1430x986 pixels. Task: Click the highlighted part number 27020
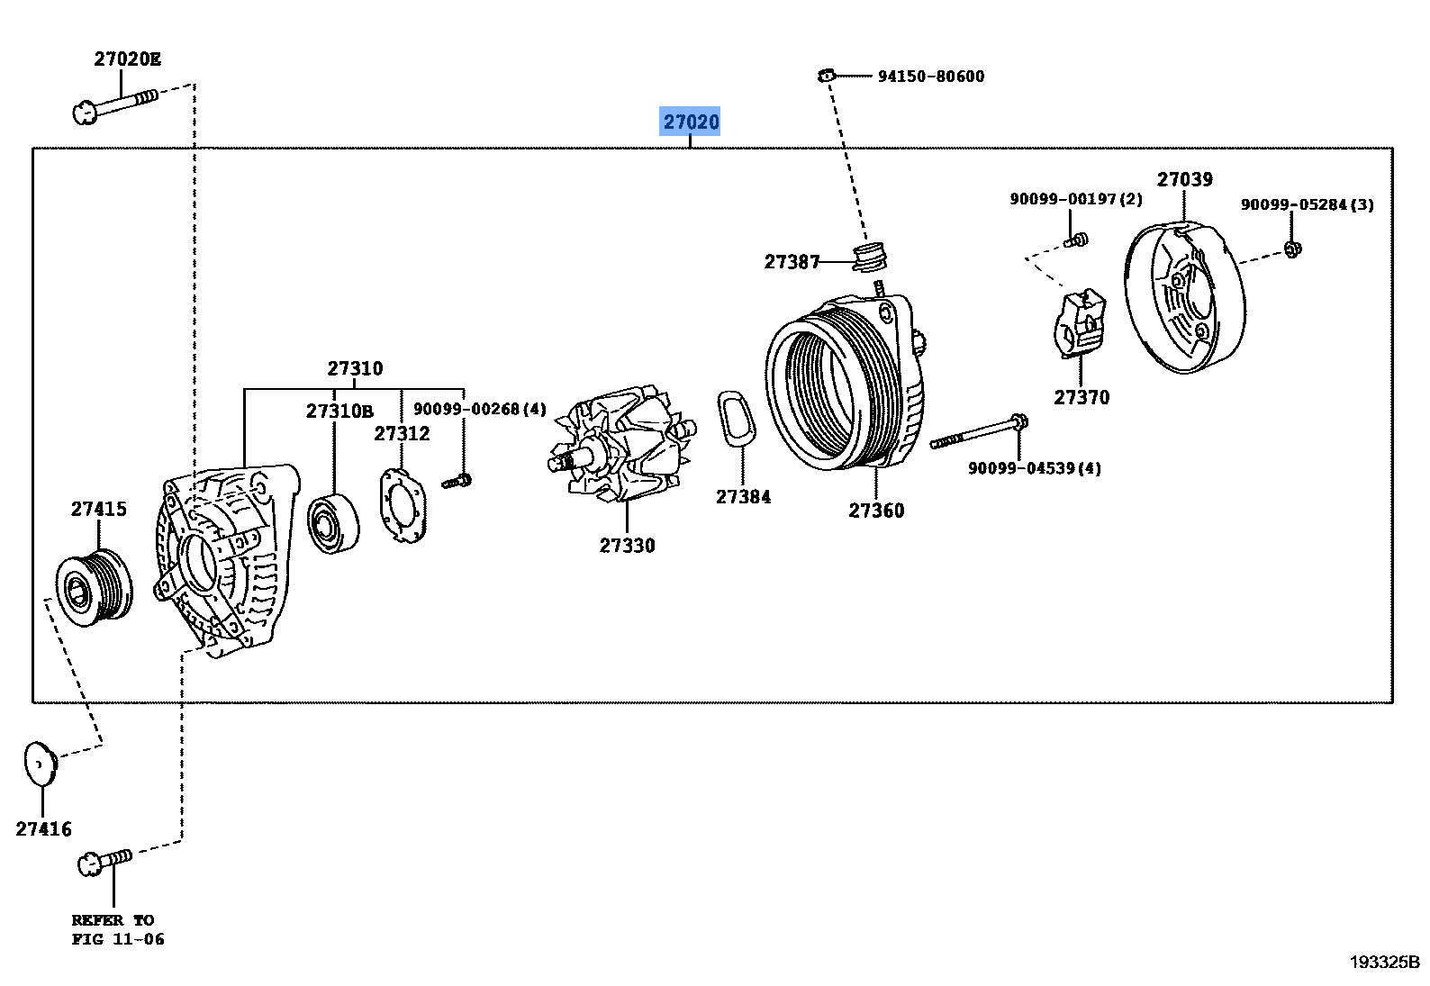point(691,122)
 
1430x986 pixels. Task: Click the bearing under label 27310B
point(333,524)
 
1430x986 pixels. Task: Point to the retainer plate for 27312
point(402,506)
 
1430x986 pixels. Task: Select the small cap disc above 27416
point(40,764)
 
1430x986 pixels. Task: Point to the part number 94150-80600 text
point(931,77)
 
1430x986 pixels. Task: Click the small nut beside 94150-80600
point(825,75)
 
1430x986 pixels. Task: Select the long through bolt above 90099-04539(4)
point(979,432)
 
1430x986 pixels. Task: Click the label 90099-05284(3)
point(1307,204)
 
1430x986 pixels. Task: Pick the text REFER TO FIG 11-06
point(117,929)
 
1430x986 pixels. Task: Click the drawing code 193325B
point(1383,962)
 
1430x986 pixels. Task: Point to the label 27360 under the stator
point(875,511)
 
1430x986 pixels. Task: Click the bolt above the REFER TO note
point(105,861)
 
